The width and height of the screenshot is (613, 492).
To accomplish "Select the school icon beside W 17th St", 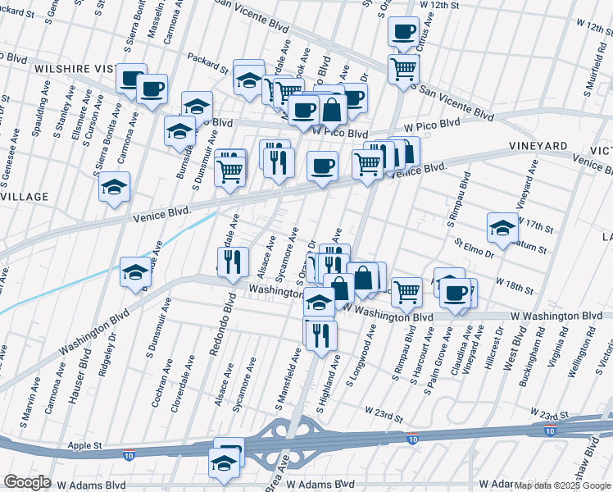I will click(502, 229).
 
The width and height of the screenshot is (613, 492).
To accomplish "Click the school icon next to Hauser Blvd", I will click(135, 273).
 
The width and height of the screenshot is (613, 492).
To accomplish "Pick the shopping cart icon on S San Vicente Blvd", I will click(402, 71).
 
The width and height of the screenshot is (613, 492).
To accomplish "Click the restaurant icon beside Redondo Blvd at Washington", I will click(235, 261).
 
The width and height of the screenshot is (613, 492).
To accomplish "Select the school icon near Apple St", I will click(225, 461).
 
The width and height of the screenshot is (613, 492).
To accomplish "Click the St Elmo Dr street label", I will click(475, 247).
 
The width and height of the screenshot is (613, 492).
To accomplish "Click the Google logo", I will click(27, 482).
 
